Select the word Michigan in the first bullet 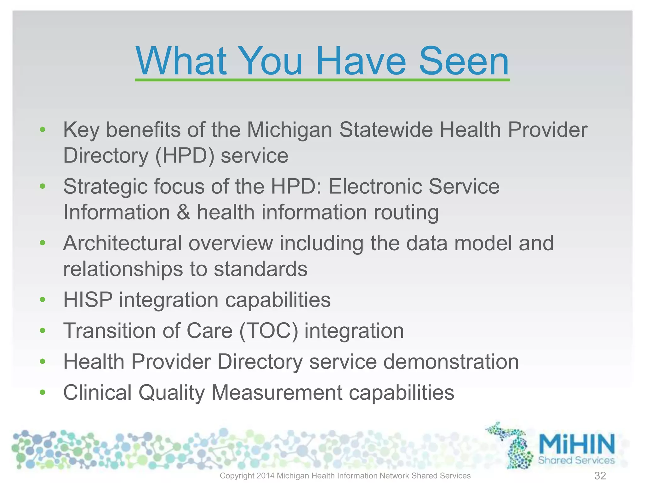coord(289,130)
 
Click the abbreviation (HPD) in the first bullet coord(185,156)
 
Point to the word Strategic coord(105,187)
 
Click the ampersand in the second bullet coord(183,212)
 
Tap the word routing coord(406,213)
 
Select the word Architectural coord(123,243)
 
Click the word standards coord(260,269)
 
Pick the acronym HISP coord(88,300)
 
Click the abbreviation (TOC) coord(268,331)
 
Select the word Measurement coord(277,392)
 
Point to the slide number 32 coord(600,475)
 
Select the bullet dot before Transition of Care coord(43,330)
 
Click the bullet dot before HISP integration coord(43,300)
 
